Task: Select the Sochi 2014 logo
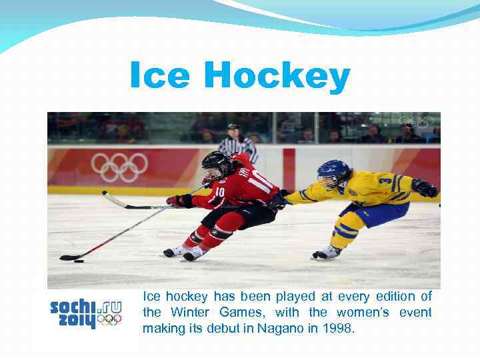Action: click(86, 313)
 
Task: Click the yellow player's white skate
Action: click(327, 253)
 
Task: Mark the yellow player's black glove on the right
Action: click(425, 187)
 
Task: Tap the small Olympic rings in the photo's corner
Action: click(416, 122)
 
